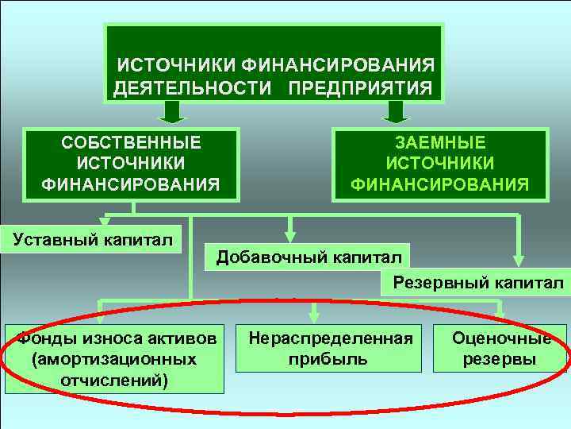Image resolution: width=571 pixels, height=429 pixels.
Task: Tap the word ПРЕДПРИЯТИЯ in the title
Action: coord(360,86)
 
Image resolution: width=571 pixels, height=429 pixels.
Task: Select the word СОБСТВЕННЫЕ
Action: coord(131,143)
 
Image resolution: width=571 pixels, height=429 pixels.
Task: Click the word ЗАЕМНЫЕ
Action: coord(440,143)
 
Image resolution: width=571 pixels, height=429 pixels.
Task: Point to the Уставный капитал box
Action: coord(90,238)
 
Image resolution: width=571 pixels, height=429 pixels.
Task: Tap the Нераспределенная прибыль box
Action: coord(331,348)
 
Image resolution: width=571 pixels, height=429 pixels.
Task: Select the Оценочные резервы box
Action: coord(501,348)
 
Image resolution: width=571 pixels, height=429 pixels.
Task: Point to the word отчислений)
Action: coord(114,379)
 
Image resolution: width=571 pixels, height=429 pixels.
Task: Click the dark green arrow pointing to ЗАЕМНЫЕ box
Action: coord(393,113)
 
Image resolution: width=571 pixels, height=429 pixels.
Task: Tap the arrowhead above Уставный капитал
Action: coord(102,222)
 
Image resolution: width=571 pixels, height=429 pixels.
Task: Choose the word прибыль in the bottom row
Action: coord(331,359)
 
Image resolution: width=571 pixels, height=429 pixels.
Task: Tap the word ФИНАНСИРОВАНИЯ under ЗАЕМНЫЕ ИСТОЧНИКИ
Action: coord(440,185)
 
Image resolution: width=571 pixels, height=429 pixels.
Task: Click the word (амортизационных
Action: coord(114,359)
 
